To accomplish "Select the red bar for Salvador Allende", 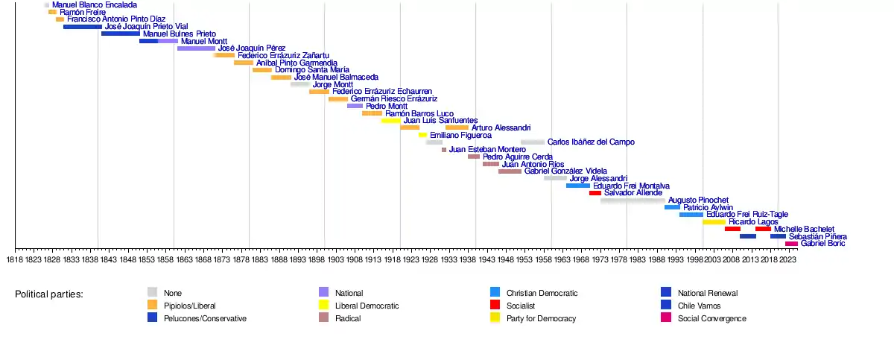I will coord(595,193).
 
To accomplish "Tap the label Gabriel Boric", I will coord(822,244).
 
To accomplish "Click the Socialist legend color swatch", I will coord(495,306).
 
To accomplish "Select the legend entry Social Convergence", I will coord(711,319).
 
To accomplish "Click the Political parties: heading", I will coord(49,294).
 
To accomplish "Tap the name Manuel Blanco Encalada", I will coord(95,5).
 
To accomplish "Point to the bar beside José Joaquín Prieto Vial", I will coord(83,27).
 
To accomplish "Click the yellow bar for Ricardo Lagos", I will coord(714,222).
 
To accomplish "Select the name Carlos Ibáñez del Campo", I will coord(591,142).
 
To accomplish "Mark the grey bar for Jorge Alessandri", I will coord(555,179).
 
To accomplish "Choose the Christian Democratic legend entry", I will coord(542,294).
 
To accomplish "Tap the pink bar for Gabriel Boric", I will coord(791,244).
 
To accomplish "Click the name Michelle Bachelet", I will coord(804,230).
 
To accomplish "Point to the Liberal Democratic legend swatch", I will coord(323,306).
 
